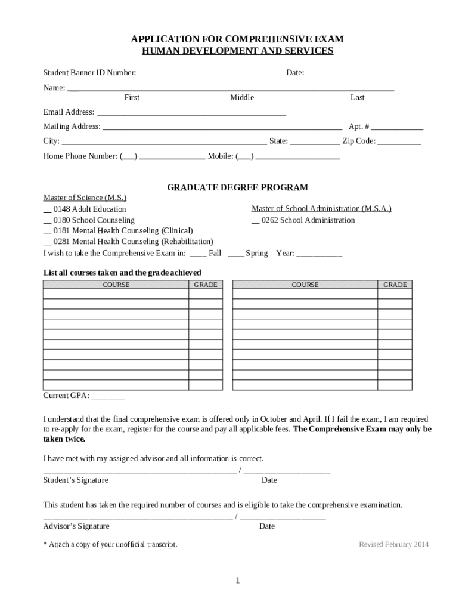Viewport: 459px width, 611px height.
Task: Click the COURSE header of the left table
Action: click(116, 285)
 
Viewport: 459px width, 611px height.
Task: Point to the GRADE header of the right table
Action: click(395, 285)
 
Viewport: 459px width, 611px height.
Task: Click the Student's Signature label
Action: click(76, 480)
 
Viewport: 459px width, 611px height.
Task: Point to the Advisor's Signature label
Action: click(76, 526)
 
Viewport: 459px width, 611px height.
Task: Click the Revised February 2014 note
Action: click(393, 544)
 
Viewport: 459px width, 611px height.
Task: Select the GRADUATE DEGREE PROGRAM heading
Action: click(237, 187)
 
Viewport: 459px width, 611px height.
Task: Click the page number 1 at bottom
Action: click(237, 581)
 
